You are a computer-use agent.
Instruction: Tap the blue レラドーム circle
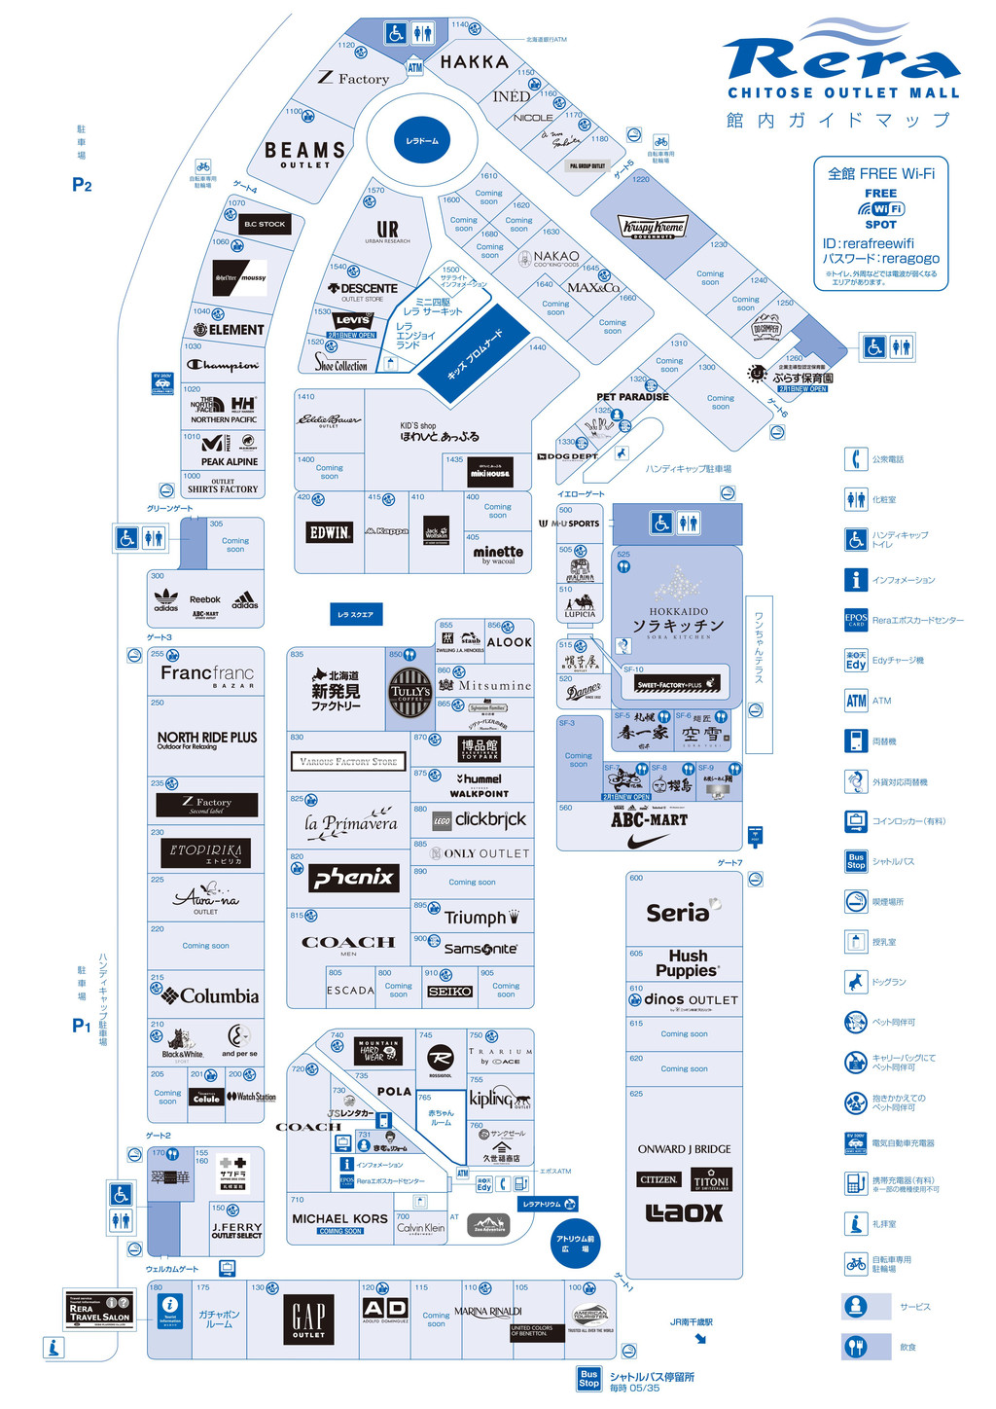[x=422, y=141]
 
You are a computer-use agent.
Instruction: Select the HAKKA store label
[x=475, y=62]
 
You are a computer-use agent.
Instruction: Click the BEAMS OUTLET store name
[x=305, y=153]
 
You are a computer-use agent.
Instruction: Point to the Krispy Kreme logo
[x=654, y=228]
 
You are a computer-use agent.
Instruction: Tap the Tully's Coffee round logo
[x=409, y=693]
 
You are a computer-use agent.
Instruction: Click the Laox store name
[x=685, y=1212]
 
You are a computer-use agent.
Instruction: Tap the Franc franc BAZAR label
[x=207, y=674]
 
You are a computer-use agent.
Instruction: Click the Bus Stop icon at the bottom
[x=588, y=1379]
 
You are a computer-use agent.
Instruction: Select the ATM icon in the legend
[x=856, y=701]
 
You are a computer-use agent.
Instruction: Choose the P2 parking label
[x=82, y=185]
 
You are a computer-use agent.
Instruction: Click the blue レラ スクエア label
[x=356, y=614]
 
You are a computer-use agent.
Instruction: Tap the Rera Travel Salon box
[x=99, y=1311]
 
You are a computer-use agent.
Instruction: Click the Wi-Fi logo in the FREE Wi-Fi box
[x=881, y=208]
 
